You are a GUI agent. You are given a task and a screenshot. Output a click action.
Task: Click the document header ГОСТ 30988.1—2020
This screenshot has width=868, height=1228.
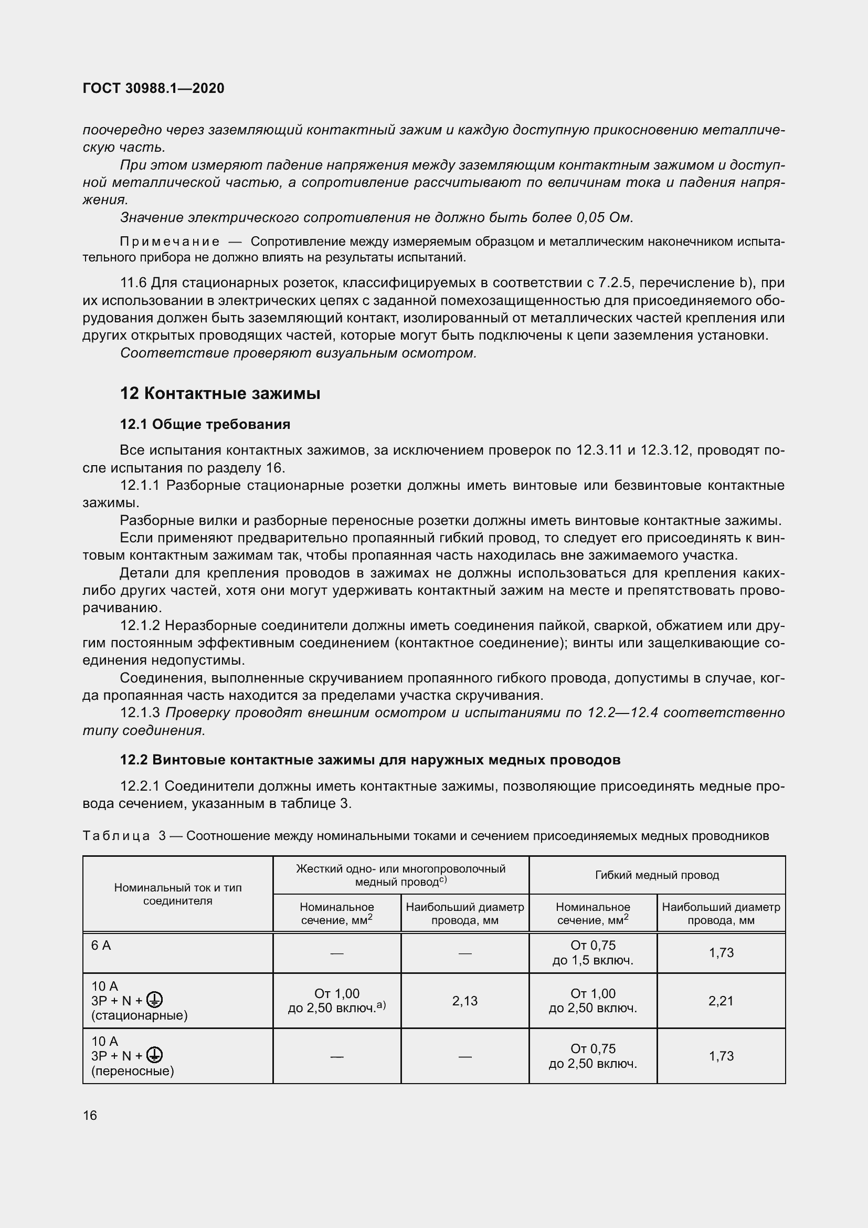[x=153, y=88]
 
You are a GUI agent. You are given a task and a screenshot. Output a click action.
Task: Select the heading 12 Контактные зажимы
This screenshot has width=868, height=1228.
[x=220, y=394]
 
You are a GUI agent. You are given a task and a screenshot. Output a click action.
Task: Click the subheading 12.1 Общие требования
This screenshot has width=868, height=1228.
[x=205, y=424]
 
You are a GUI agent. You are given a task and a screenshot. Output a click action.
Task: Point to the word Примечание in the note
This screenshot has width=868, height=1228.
[x=170, y=242]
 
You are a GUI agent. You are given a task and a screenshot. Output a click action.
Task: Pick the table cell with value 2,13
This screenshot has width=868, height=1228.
[x=464, y=1001]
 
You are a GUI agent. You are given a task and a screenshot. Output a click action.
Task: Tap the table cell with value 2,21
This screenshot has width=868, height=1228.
[x=721, y=1001]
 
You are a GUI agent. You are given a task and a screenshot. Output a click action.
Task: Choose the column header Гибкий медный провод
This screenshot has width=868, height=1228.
[x=657, y=875]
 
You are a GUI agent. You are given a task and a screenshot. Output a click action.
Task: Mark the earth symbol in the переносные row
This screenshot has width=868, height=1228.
[x=154, y=1055]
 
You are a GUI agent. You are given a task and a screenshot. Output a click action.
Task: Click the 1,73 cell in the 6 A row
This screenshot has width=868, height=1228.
[x=721, y=952]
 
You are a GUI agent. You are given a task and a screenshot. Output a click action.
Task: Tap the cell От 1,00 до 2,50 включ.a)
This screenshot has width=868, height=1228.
[x=337, y=1001]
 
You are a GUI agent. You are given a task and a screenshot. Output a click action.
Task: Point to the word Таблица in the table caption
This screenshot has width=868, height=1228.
[x=116, y=835]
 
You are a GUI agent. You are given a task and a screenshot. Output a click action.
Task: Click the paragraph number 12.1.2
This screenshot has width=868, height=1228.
[x=140, y=625]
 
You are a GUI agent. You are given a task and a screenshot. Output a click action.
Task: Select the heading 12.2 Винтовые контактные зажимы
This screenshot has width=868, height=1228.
[x=370, y=760]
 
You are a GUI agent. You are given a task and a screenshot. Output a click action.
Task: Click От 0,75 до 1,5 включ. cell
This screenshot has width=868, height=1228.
[x=592, y=952]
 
